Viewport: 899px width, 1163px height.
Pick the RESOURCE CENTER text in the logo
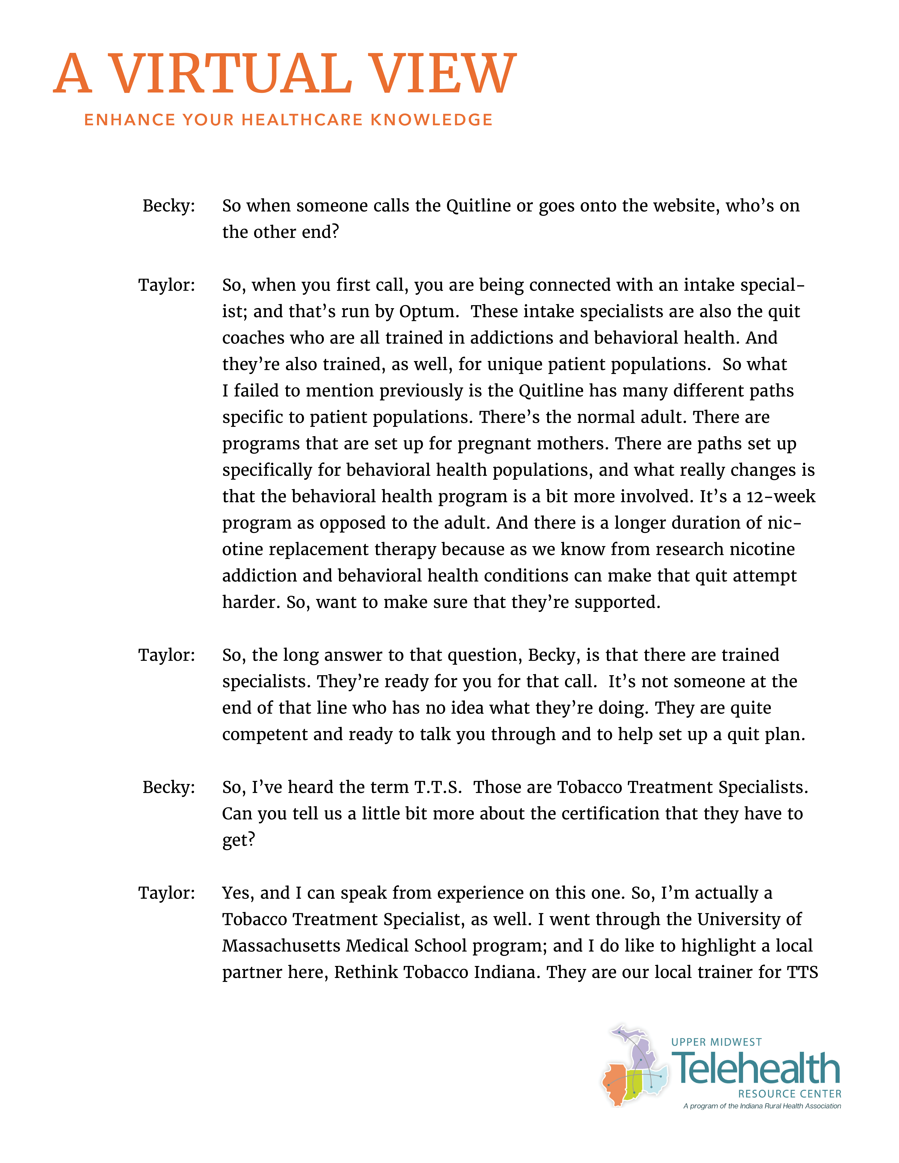click(789, 1094)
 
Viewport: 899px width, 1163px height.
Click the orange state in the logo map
click(615, 1084)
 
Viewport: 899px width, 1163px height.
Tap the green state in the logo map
click(634, 1084)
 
